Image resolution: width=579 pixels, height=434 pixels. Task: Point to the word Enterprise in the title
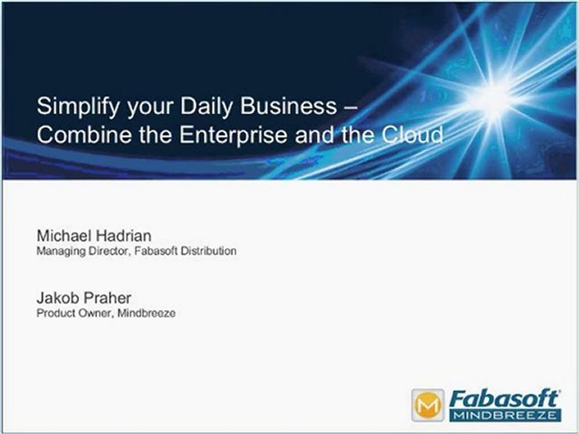point(236,134)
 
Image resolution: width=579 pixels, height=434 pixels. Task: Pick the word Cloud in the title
point(413,134)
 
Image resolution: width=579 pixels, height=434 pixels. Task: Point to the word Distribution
point(209,251)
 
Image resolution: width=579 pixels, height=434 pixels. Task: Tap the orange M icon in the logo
point(428,405)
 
